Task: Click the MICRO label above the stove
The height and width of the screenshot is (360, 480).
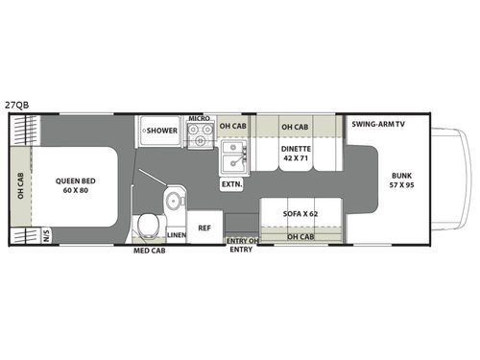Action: (x=199, y=118)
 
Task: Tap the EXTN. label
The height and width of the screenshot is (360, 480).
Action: (x=231, y=182)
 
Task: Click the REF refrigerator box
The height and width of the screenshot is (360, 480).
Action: (x=204, y=228)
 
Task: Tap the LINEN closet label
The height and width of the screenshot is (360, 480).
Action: (x=176, y=235)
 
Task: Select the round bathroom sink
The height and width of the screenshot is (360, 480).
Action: (x=170, y=201)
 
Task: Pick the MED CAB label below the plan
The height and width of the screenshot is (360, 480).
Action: (x=148, y=252)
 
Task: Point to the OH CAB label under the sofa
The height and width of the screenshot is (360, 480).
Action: (x=300, y=236)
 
